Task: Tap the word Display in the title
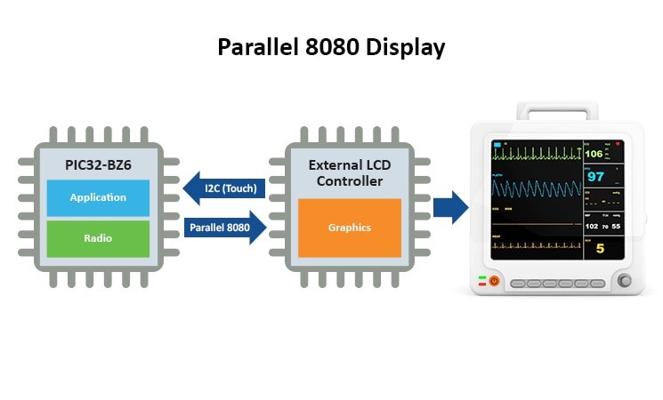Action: (406, 47)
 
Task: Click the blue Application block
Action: (98, 197)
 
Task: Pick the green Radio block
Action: (98, 238)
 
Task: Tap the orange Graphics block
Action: (349, 228)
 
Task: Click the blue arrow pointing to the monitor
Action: (450, 207)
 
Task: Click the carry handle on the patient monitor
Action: (559, 111)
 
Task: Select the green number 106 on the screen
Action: (594, 154)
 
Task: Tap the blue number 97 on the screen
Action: (595, 176)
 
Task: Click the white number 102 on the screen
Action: (593, 226)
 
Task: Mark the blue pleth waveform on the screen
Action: (534, 188)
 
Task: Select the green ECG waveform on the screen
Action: (534, 153)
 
